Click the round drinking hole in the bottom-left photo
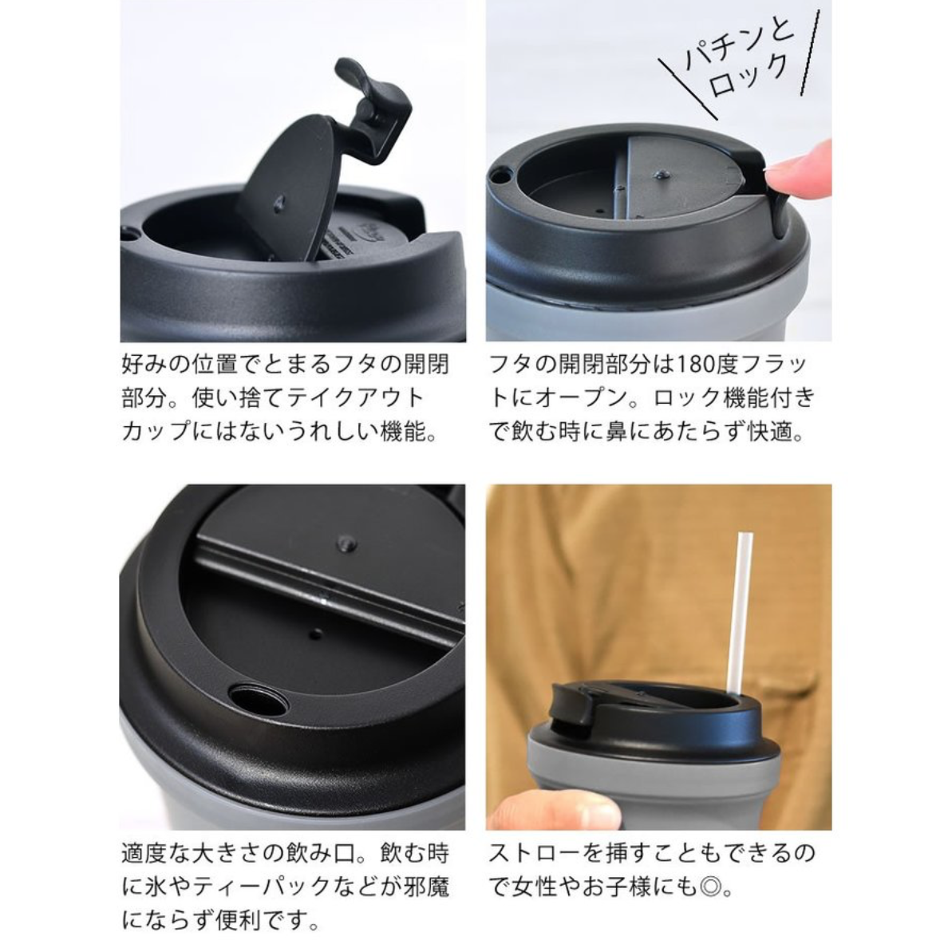(259, 700)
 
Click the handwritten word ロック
(749, 77)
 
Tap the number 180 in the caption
(695, 365)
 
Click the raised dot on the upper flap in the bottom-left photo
(346, 543)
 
